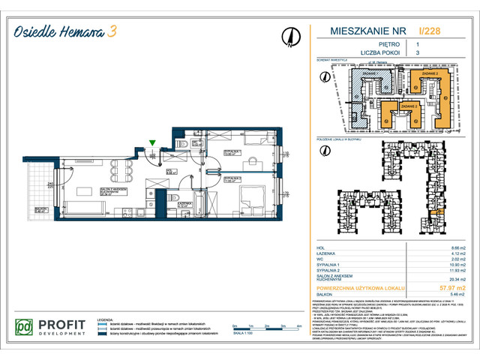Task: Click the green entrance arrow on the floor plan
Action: (x=153, y=142)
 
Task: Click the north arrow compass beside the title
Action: (x=288, y=36)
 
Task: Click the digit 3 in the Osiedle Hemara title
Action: (x=112, y=31)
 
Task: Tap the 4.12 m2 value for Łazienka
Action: (x=447, y=253)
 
